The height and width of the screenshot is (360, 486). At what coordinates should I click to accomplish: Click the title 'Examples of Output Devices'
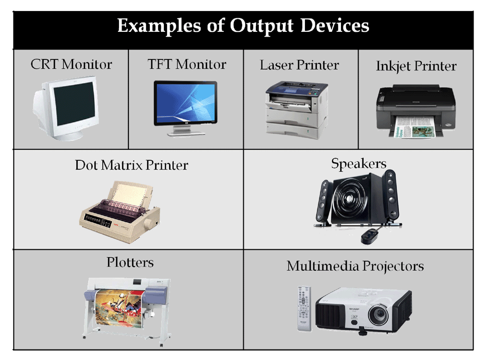[243, 26]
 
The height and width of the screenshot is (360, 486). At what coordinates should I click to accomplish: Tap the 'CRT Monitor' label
[71, 65]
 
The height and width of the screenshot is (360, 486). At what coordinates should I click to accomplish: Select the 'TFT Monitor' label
[186, 65]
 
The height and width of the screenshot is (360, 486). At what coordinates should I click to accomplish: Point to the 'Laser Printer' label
[299, 65]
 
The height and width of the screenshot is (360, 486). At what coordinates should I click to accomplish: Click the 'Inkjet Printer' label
[416, 66]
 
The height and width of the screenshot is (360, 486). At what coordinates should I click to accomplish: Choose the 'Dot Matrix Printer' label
[131, 165]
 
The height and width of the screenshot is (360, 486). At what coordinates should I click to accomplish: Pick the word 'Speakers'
[359, 163]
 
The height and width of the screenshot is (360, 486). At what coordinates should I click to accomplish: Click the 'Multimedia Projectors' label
[355, 266]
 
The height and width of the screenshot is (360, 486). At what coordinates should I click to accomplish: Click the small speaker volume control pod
[369, 235]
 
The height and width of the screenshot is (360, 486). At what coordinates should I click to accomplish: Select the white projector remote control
[304, 308]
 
